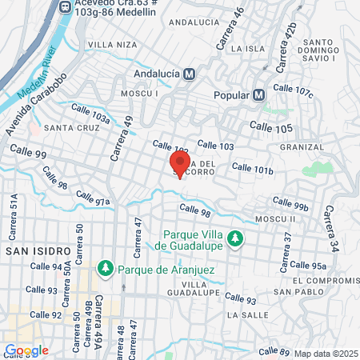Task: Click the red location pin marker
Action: click(180, 164)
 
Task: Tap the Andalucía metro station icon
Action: click(189, 74)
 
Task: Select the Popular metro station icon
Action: click(258, 94)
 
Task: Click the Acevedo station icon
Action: click(66, 6)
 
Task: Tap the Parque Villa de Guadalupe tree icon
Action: click(234, 238)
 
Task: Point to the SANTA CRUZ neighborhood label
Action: click(66, 127)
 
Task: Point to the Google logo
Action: click(26, 350)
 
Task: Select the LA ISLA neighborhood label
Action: click(242, 49)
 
